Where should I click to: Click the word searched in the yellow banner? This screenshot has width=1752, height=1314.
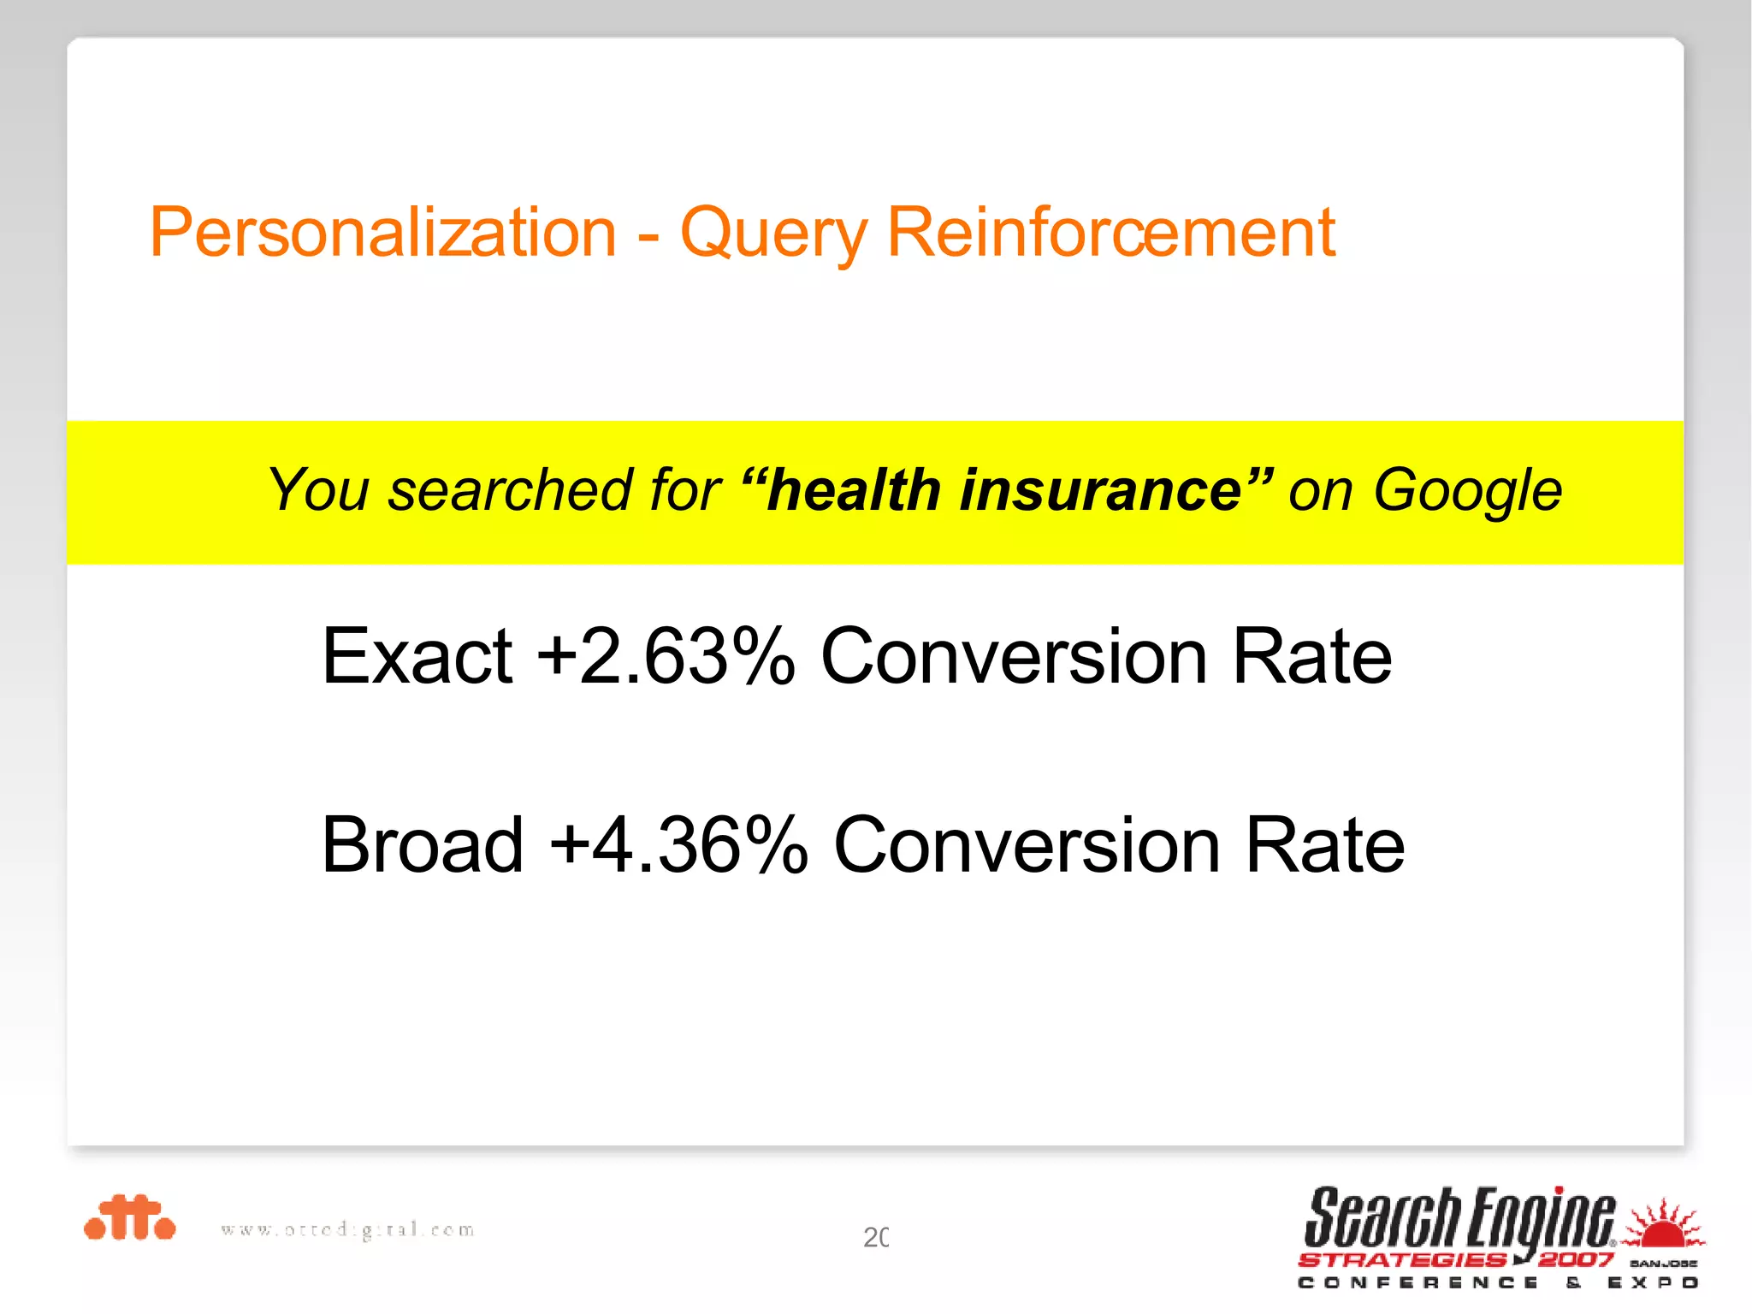(x=511, y=490)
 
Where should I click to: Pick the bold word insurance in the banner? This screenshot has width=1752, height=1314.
(x=1100, y=490)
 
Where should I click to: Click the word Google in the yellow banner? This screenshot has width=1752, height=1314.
(x=1467, y=492)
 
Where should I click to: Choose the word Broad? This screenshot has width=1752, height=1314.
(x=422, y=844)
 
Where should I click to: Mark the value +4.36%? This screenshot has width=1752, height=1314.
(x=678, y=844)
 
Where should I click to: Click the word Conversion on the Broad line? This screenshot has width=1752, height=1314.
(x=1027, y=844)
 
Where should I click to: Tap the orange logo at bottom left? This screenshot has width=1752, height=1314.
(x=130, y=1217)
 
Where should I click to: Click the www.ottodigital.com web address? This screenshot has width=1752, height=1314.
(x=347, y=1230)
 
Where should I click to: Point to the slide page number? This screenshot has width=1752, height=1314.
(x=876, y=1237)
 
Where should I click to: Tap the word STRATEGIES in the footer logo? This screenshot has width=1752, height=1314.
(x=1403, y=1259)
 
